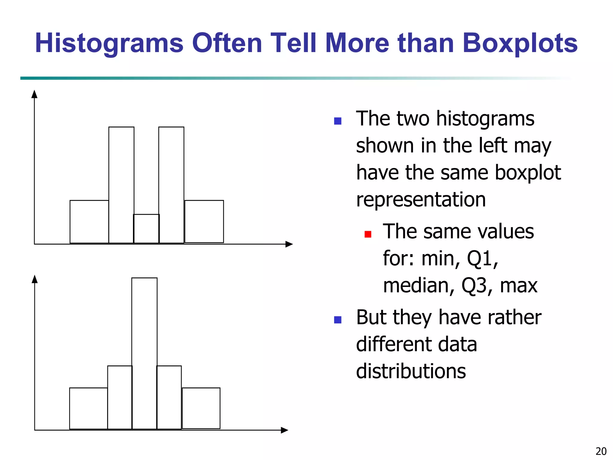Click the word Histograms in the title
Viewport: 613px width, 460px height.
coord(109,43)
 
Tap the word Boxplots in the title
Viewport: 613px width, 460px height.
coord(520,43)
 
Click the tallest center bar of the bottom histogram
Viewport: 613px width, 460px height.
coord(144,353)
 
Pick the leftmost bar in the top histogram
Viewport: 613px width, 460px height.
coord(89,222)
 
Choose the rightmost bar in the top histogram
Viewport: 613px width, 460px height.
coord(204,222)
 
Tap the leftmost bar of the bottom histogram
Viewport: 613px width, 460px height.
coord(89,408)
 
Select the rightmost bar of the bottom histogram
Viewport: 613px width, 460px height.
coord(201,408)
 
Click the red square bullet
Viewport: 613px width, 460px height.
coord(368,234)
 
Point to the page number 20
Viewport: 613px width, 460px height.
coord(601,451)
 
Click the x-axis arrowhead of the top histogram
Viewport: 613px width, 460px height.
coord(289,244)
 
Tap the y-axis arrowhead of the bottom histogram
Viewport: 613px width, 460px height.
coord(35,279)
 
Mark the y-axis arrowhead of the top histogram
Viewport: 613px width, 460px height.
coord(34,94)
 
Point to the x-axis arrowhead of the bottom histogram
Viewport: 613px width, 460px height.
coord(284,430)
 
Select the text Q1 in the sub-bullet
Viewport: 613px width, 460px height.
coord(482,259)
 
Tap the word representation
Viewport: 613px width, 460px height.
coord(421,200)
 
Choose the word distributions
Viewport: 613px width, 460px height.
coord(411,371)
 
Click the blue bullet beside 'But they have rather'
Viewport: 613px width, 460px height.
coord(338,320)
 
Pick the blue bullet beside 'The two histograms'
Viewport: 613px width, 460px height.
coord(338,121)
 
